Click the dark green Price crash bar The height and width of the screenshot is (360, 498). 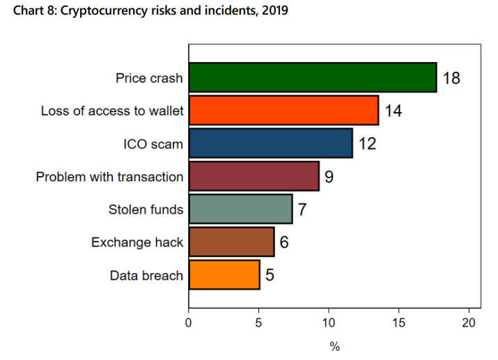point(312,77)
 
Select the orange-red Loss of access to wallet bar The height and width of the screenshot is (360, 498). point(283,110)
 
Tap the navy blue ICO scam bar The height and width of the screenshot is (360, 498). point(270,143)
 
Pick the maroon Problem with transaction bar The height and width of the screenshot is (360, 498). point(254,176)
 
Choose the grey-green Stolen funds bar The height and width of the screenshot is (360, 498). point(240,209)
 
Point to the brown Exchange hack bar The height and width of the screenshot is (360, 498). point(231,242)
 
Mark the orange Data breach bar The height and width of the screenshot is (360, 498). point(224,275)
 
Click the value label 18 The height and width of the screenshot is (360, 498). point(451,77)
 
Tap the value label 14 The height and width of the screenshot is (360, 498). point(394,110)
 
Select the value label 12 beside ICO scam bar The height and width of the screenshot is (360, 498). point(367,143)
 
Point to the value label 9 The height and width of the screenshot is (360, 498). point(329,176)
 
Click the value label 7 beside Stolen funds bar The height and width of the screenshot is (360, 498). point(302,209)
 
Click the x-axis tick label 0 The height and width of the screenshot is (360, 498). point(189,322)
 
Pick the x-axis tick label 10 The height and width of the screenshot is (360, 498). point(329,322)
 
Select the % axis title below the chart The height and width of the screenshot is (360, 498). point(334,347)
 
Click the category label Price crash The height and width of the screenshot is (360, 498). point(149,78)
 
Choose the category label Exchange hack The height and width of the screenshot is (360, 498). point(137,242)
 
